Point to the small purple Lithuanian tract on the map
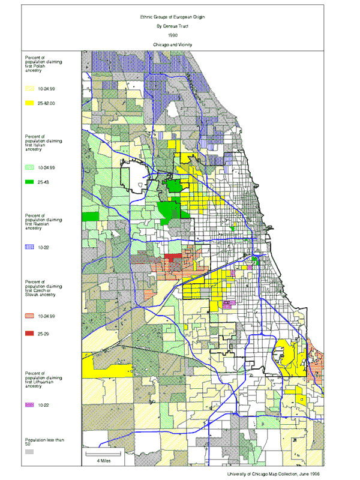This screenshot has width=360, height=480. [226, 305]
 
